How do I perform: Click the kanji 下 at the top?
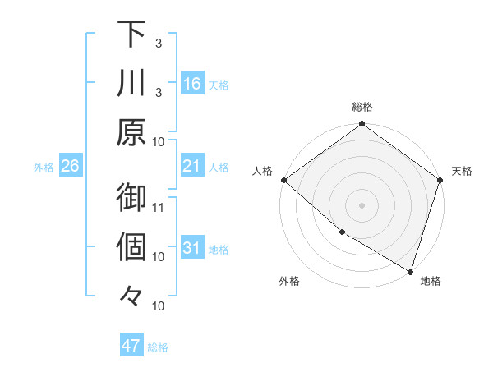pyautogui.click(x=131, y=34)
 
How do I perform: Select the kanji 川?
pyautogui.click(x=131, y=83)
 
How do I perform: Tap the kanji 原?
pyautogui.click(x=131, y=131)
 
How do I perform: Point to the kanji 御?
pyautogui.click(x=131, y=198)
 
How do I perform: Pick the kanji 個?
pyautogui.click(x=131, y=247)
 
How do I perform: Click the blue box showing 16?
pyautogui.click(x=192, y=83)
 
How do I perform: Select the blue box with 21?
pyautogui.click(x=192, y=166)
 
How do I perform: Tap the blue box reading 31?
pyautogui.click(x=192, y=248)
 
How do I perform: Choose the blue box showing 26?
pyautogui.click(x=71, y=166)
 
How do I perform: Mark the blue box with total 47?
pyautogui.click(x=131, y=346)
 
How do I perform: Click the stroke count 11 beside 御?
pyautogui.click(x=159, y=206)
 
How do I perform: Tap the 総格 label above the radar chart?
pyautogui.click(x=362, y=107)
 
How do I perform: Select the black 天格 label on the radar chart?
pyautogui.click(x=463, y=171)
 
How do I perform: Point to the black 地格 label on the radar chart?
pyautogui.click(x=431, y=281)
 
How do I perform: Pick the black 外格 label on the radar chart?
pyautogui.click(x=289, y=281)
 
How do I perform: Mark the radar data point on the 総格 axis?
pyautogui.click(x=362, y=125)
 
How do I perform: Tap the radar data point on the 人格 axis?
pyautogui.click(x=283, y=180)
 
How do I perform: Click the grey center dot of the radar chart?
pyautogui.click(x=362, y=204)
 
